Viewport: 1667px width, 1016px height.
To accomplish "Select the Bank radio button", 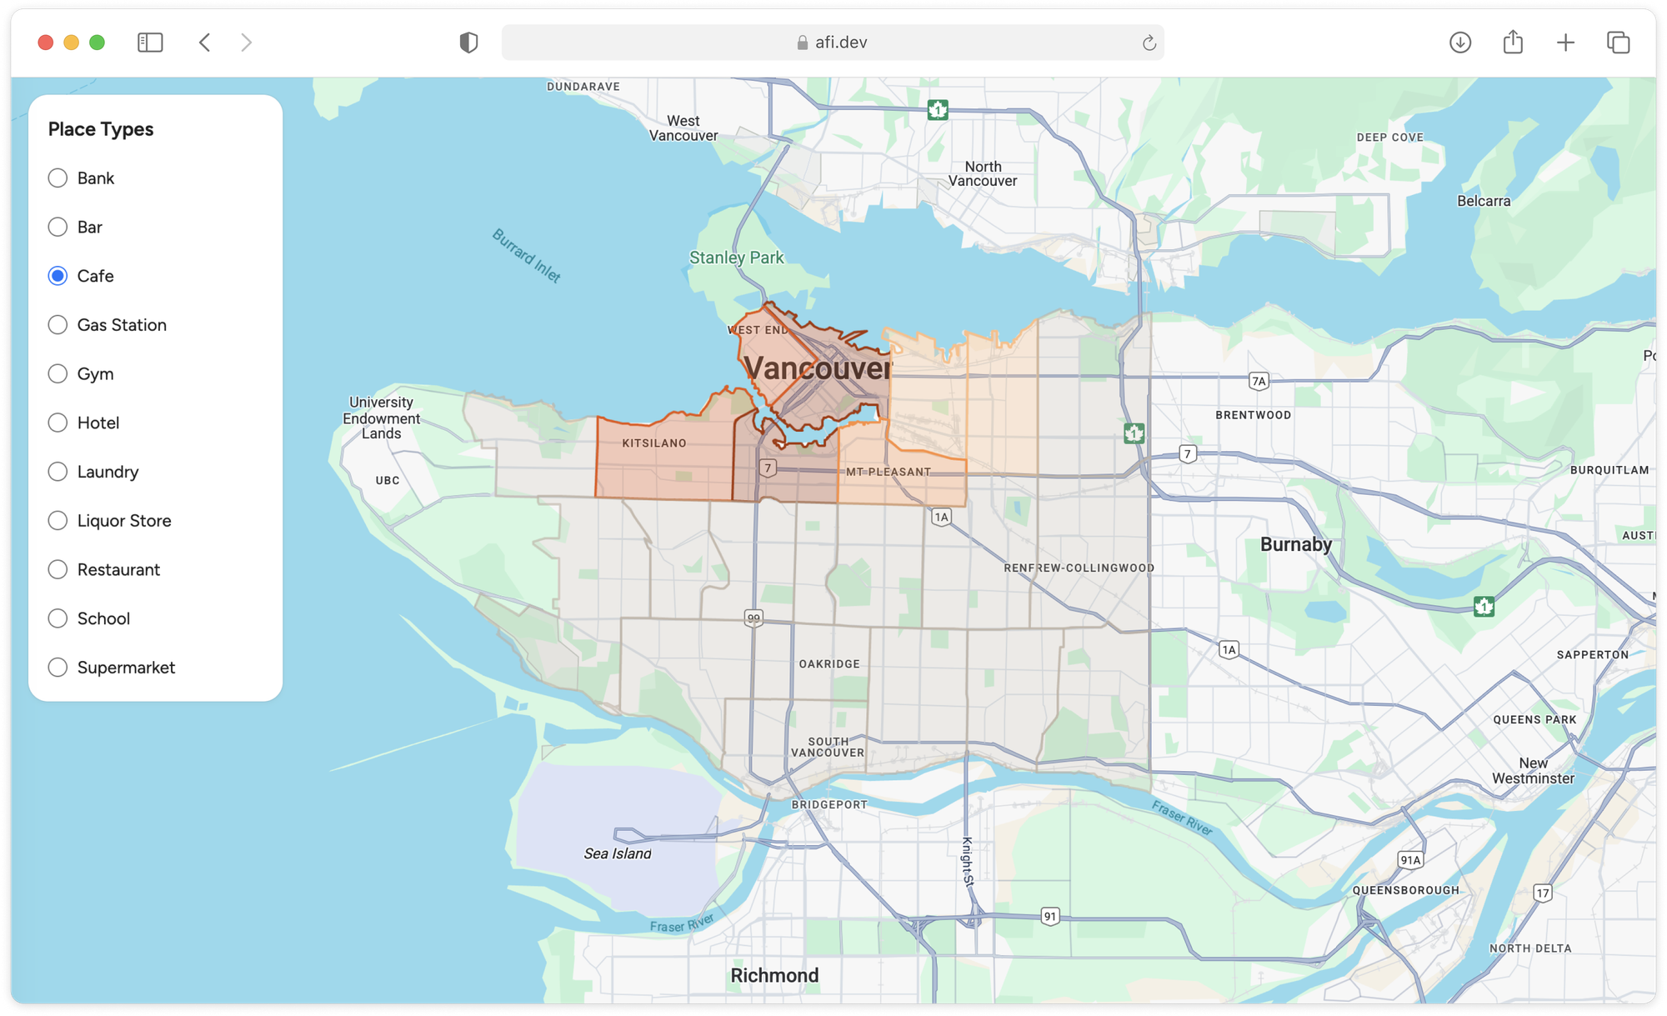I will point(58,178).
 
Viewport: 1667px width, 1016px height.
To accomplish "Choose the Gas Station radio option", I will point(58,325).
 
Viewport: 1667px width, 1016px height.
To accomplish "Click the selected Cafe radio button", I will point(58,276).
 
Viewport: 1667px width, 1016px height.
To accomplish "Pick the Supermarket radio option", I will point(58,668).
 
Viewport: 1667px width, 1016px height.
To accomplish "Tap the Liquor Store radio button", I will point(58,521).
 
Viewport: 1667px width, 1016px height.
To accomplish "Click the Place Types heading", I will point(101,129).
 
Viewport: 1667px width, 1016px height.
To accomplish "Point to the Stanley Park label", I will point(736,258).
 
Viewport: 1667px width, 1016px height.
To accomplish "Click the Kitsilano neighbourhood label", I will point(654,443).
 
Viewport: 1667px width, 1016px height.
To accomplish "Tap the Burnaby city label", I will point(1295,544).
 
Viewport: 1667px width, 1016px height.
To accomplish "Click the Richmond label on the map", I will point(774,975).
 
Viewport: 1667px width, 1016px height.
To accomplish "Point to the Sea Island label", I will point(618,853).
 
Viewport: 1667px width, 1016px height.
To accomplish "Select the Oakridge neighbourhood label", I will point(829,664).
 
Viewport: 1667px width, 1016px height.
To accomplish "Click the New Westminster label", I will point(1533,771).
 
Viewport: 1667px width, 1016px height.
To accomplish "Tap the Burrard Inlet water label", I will point(526,256).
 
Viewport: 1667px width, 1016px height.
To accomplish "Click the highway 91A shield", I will point(1410,860).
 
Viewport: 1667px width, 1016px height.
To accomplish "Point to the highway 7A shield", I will point(1259,382).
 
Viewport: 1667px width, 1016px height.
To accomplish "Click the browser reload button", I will point(1149,43).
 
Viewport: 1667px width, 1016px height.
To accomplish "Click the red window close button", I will point(46,43).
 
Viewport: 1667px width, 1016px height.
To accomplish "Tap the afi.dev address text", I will point(840,43).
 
